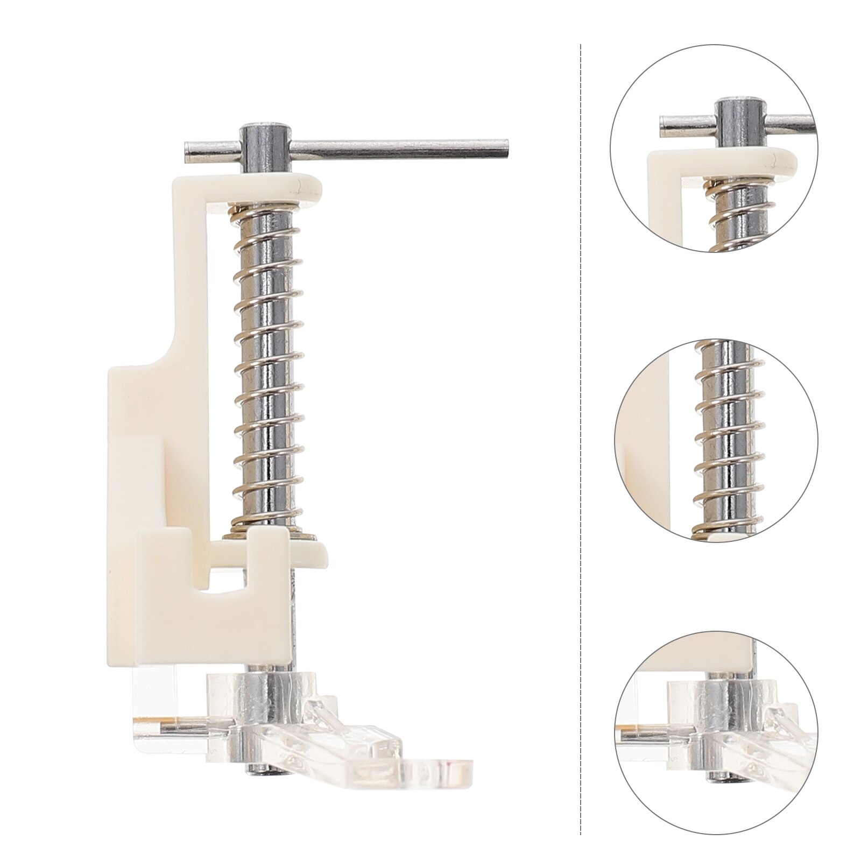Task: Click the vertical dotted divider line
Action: coord(581,430)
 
